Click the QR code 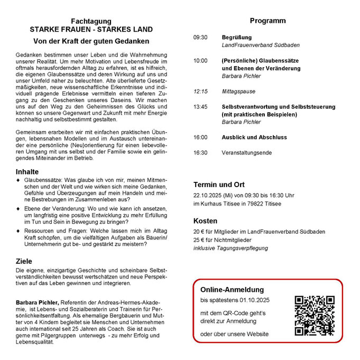(x=315, y=316)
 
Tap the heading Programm (x=267, y=21)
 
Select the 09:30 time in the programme (x=200, y=38)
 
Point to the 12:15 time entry (x=200, y=91)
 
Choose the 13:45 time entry (x=200, y=106)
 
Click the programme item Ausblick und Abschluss (x=254, y=137)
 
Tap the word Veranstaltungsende (x=246, y=153)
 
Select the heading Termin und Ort (x=219, y=185)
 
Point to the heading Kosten (x=205, y=221)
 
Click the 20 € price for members (x=199, y=232)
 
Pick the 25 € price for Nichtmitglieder (x=199, y=240)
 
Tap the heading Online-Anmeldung (x=232, y=290)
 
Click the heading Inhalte (x=27, y=172)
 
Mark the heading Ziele (x=24, y=261)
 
